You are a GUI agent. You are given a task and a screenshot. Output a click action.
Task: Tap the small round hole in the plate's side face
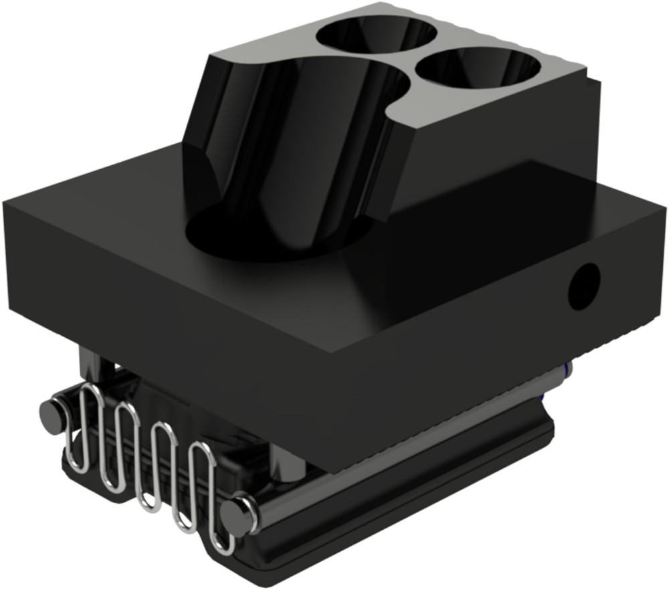click(583, 287)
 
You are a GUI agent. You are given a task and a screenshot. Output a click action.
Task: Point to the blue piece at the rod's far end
click(568, 369)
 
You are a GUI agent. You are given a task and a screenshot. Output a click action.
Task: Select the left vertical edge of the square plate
click(8, 254)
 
